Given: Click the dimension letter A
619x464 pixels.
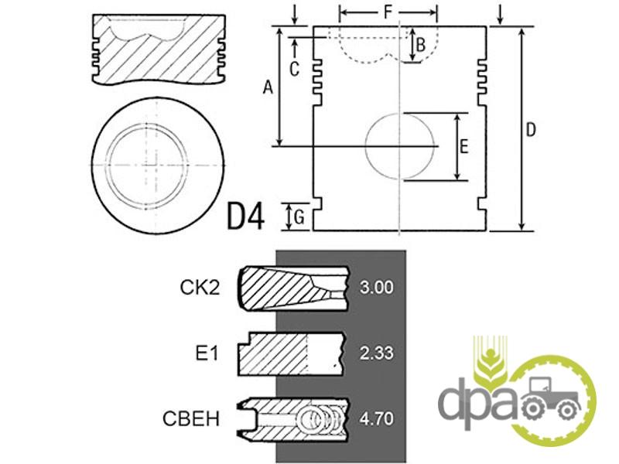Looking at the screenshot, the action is [268, 87].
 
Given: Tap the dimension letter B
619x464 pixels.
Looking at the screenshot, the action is [420, 45].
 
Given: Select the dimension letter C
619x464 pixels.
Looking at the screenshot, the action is [294, 69].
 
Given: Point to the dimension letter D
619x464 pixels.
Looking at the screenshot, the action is [531, 130].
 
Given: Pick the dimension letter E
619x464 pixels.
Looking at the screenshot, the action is [463, 146].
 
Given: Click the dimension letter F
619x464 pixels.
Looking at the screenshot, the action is [388, 12].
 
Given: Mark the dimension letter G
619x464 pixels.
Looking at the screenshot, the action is [299, 217].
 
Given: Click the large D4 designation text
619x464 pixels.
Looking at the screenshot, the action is [245, 216].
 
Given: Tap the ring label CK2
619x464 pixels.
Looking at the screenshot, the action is [200, 287].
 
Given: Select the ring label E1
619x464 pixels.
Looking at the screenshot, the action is [207, 353].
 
